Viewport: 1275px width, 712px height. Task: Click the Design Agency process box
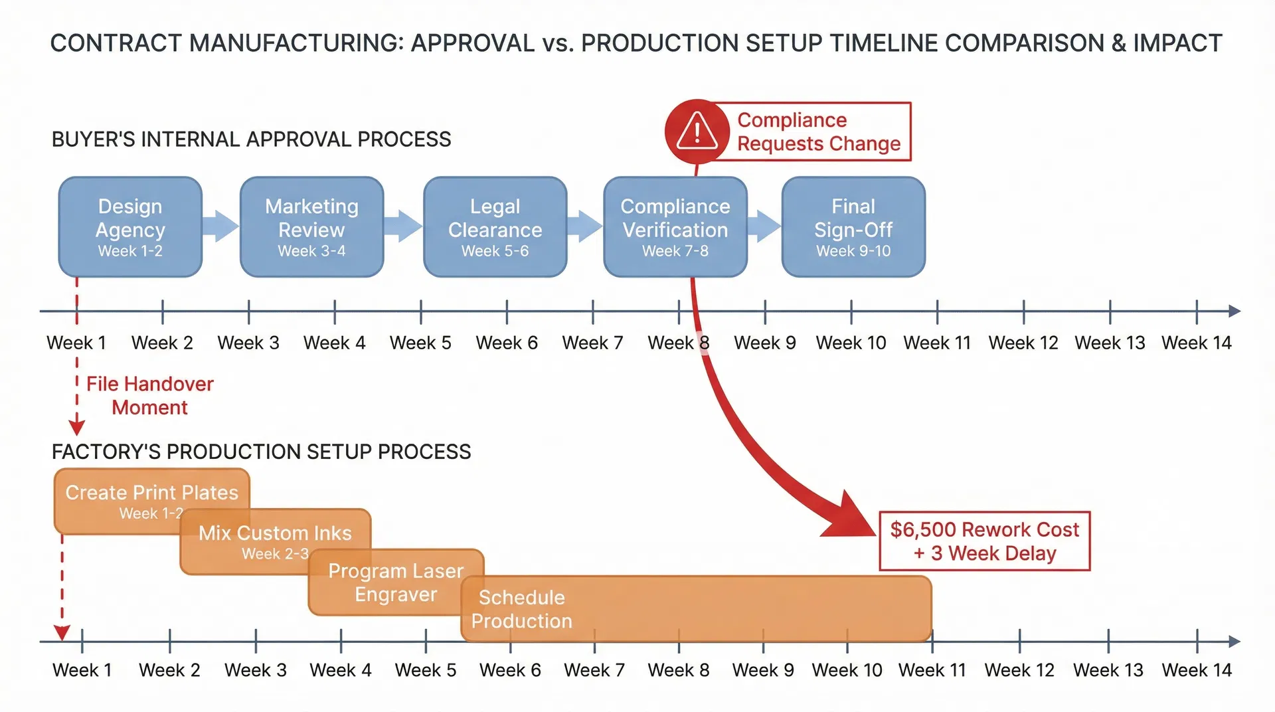point(130,226)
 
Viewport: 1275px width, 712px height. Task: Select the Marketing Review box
point(311,226)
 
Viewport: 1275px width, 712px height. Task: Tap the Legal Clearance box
point(495,226)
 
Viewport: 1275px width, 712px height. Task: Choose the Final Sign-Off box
point(853,226)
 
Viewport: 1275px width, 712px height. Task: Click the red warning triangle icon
point(697,131)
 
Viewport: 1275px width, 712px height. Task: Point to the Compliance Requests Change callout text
point(818,132)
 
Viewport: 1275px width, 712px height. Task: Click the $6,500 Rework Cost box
point(984,541)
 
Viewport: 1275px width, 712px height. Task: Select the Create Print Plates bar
point(151,499)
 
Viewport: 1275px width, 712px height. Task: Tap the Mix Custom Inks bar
point(275,540)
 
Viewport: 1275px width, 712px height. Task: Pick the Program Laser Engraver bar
point(395,582)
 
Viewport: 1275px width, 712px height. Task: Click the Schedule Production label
point(521,608)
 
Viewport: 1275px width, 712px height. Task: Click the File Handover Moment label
point(149,395)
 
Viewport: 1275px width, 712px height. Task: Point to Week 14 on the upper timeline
point(1196,343)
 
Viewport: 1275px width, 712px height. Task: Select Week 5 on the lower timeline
point(425,669)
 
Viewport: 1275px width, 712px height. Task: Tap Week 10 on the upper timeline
point(851,343)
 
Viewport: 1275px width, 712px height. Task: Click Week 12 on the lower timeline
point(1019,669)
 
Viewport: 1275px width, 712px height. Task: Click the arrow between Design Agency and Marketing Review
point(220,226)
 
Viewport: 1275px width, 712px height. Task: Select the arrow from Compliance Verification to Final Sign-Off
point(765,226)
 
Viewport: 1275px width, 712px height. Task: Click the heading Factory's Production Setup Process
point(261,452)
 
